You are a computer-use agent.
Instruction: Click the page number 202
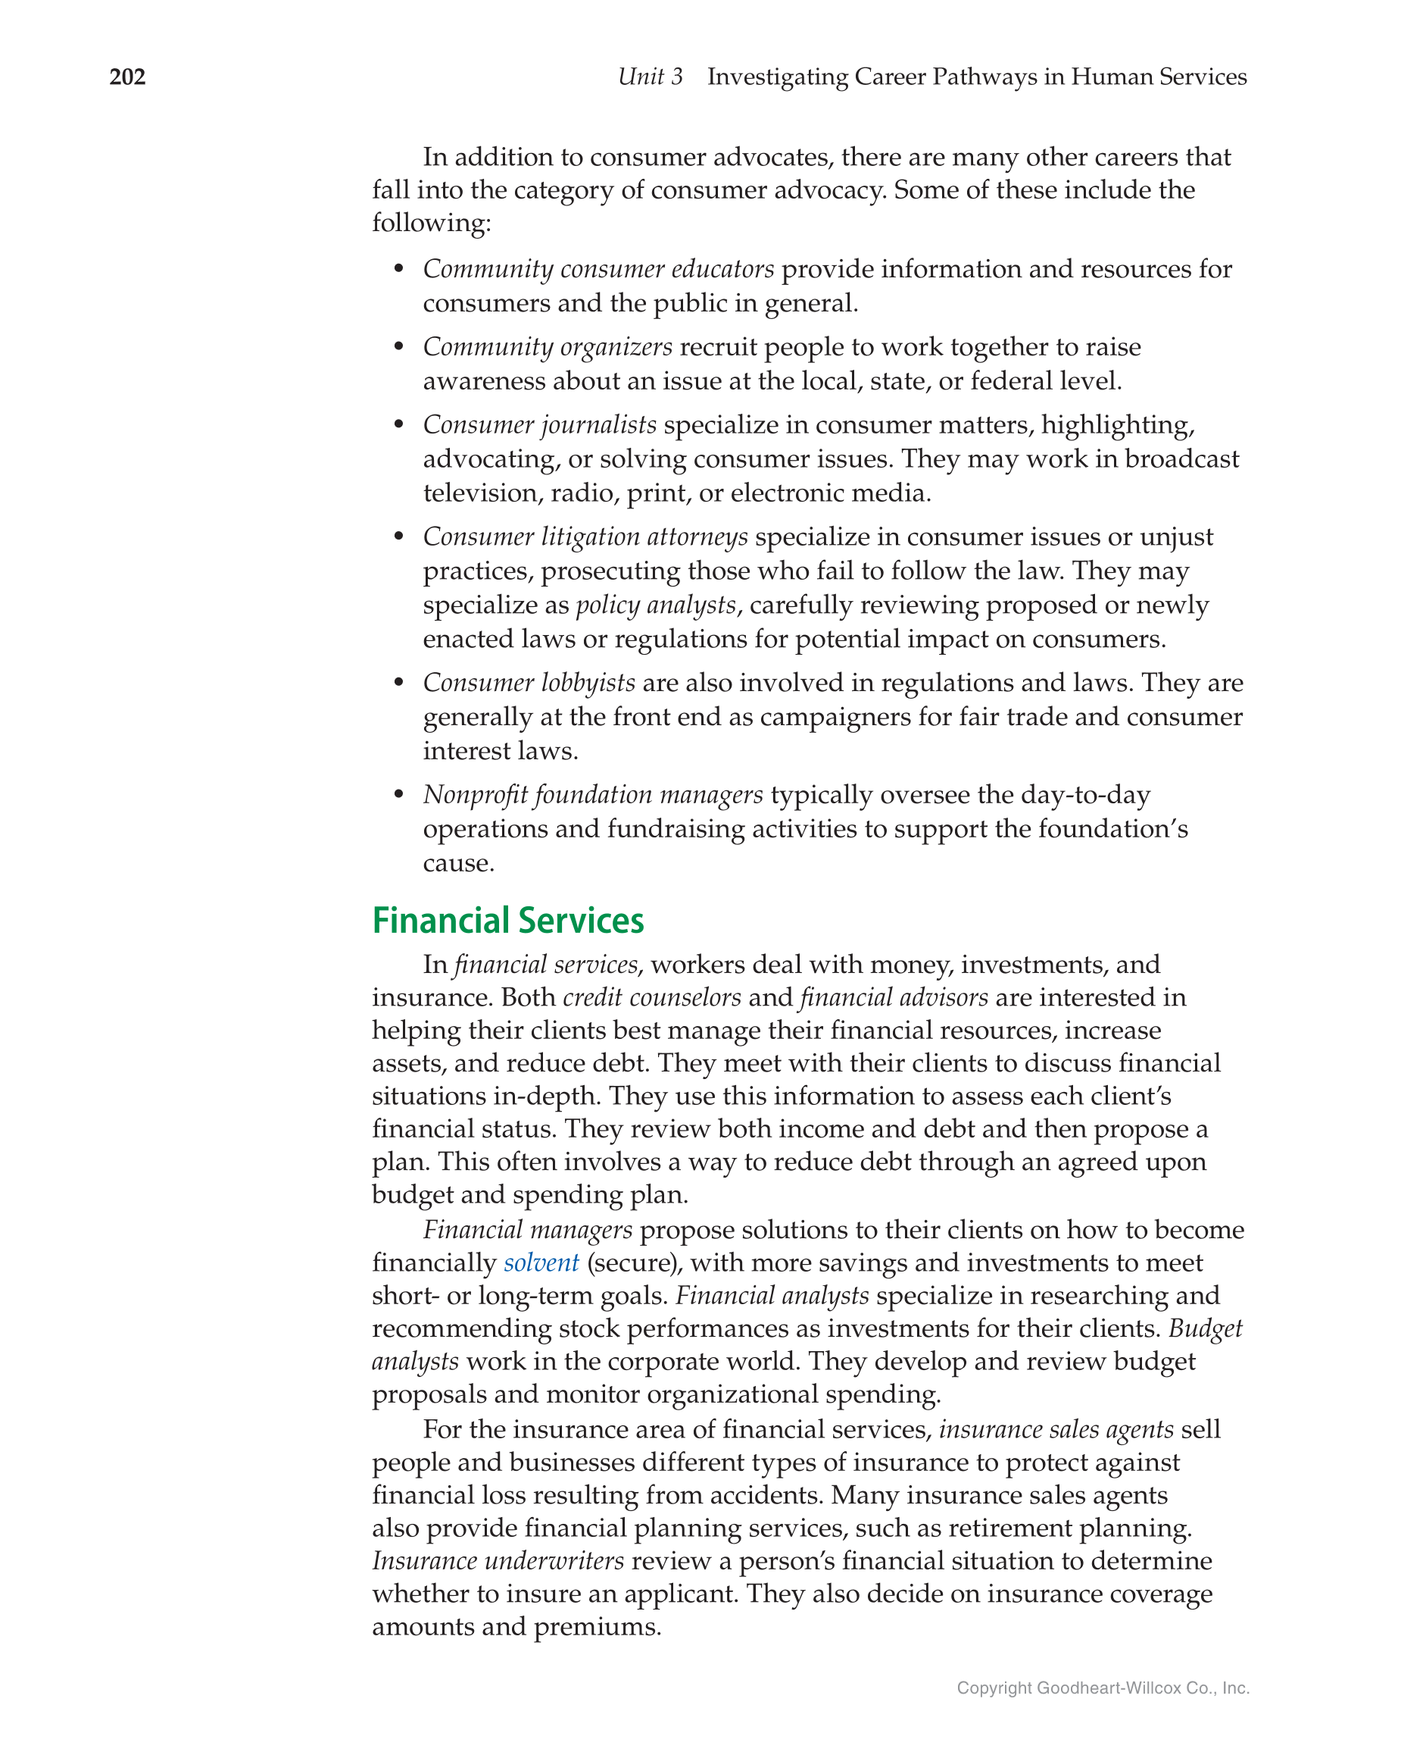(x=127, y=77)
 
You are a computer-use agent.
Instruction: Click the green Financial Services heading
(x=507, y=921)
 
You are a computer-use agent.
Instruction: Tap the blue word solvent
(x=541, y=1262)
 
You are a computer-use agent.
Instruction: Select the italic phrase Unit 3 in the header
(x=650, y=77)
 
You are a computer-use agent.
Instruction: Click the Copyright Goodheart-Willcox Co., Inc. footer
(x=1102, y=1688)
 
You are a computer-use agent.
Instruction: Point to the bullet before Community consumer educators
(x=398, y=269)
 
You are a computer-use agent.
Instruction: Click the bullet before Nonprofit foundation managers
(x=398, y=794)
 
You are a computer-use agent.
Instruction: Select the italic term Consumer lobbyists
(x=529, y=683)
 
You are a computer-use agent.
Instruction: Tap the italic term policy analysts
(x=655, y=605)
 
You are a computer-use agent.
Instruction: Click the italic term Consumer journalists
(x=539, y=425)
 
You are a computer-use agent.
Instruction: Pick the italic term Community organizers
(x=548, y=347)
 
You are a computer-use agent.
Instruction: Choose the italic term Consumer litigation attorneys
(x=585, y=537)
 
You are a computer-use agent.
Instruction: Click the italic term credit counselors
(x=651, y=998)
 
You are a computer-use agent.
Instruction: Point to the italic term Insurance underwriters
(x=498, y=1561)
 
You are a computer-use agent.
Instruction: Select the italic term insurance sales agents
(x=1056, y=1429)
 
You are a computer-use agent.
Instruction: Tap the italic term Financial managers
(x=527, y=1231)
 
